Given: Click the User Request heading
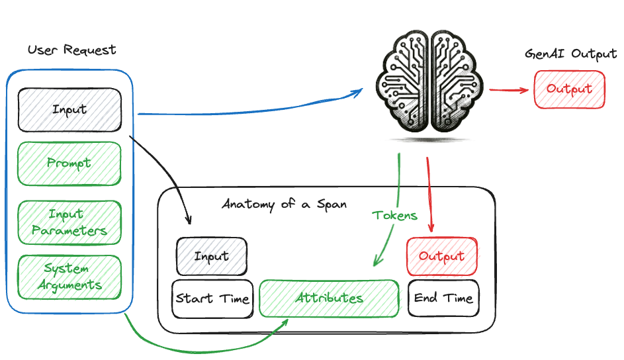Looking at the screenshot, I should pos(72,50).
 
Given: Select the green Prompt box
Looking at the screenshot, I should pos(69,163).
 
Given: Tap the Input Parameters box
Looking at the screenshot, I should pos(69,222).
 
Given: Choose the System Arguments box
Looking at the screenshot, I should pos(69,277).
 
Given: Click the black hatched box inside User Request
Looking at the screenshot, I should pos(69,110).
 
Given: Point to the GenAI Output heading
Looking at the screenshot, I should pos(570,54).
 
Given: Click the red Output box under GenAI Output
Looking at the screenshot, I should pos(569,89).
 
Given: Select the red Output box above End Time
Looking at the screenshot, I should pos(441,255).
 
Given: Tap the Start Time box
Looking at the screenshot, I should pos(212,298).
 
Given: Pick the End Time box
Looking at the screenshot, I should pos(443,298).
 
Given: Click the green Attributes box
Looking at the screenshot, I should pos(329,298).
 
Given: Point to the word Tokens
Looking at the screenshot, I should pos(395,215).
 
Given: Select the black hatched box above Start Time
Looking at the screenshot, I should pos(211,256).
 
